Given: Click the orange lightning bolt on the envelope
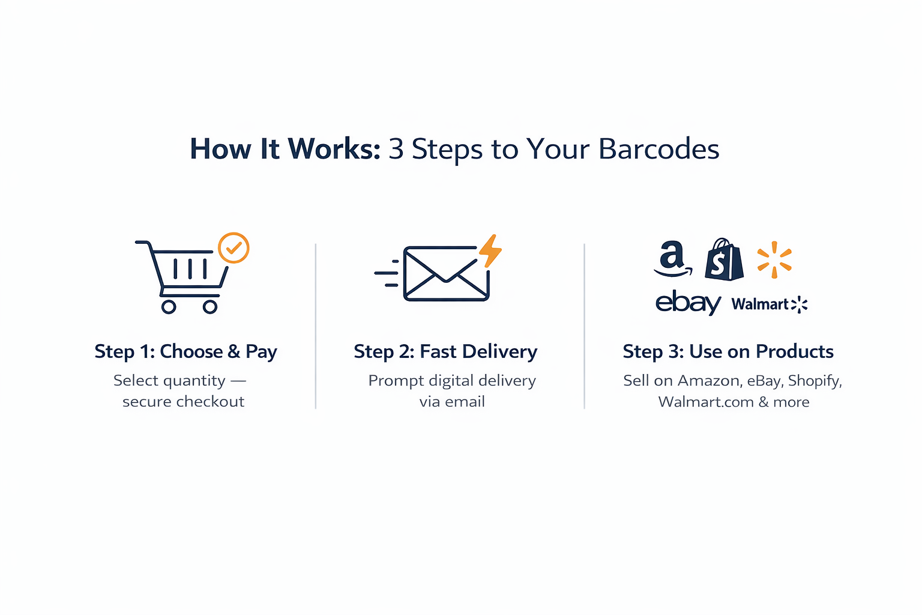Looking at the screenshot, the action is [x=490, y=251].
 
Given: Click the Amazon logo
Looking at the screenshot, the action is [x=673, y=258].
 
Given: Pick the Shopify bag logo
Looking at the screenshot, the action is [x=724, y=259].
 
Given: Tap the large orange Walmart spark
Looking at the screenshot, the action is [x=775, y=259].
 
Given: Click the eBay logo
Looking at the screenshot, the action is [x=688, y=303].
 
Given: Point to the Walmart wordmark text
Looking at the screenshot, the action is [x=760, y=304].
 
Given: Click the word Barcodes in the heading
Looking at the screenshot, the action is [x=658, y=149].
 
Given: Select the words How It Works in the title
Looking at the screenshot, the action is [x=285, y=149].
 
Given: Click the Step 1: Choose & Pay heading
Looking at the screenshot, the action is [x=185, y=352].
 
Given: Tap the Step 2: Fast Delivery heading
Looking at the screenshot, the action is [x=445, y=352].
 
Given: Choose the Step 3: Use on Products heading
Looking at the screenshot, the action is [x=728, y=351].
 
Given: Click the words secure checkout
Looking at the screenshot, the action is [x=184, y=402].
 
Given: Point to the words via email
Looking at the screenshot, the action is [x=452, y=402].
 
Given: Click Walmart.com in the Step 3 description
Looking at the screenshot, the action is [x=706, y=402].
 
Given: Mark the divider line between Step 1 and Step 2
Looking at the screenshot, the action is [x=316, y=326].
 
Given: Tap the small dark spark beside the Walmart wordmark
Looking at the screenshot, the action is [x=799, y=304].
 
